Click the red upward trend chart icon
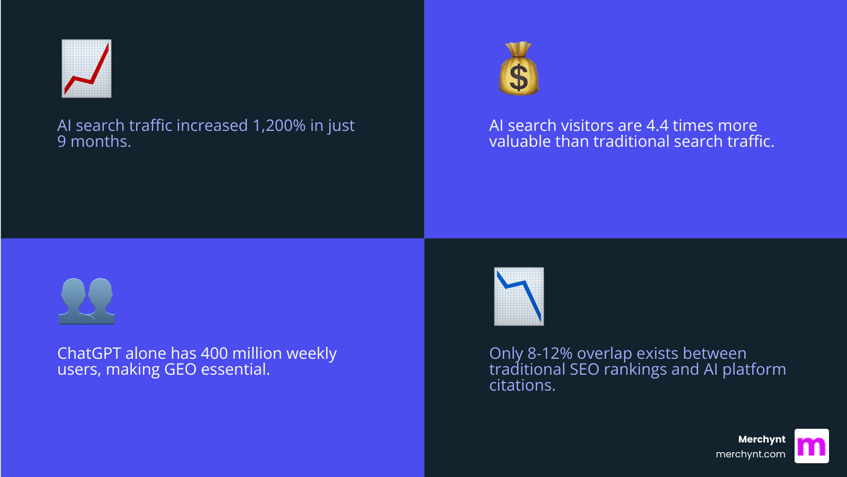pyautogui.click(x=86, y=68)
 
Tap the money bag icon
pyautogui.click(x=519, y=69)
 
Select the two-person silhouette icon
pyautogui.click(x=87, y=301)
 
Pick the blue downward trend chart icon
pyautogui.click(x=519, y=296)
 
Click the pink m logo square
pyautogui.click(x=812, y=446)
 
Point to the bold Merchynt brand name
pyautogui.click(x=762, y=439)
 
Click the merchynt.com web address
pyautogui.click(x=750, y=454)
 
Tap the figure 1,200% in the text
pyautogui.click(x=279, y=126)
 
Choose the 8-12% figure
pyautogui.click(x=549, y=354)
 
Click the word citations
pyautogui.click(x=521, y=385)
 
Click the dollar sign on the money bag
pyautogui.click(x=519, y=77)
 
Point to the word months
pyautogui.click(x=100, y=142)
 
